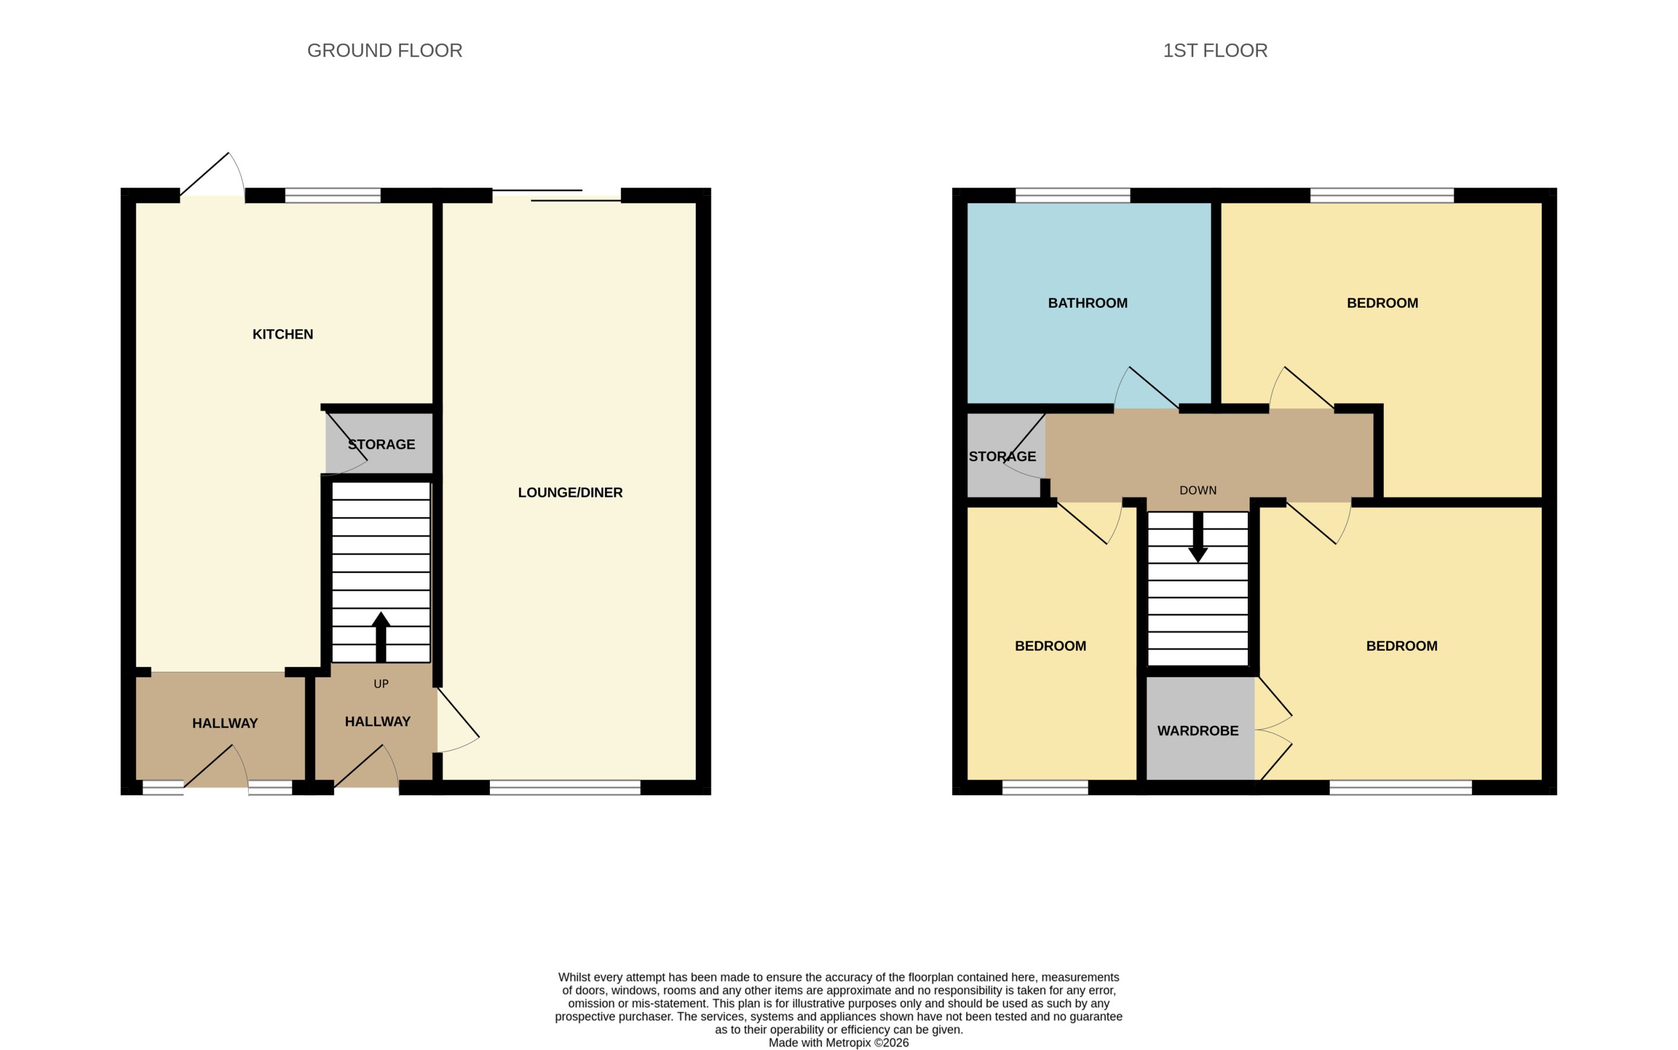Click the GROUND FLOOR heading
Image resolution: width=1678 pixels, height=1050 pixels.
385,51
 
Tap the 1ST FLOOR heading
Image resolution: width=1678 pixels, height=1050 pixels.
1215,51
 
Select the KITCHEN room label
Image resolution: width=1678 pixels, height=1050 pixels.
283,334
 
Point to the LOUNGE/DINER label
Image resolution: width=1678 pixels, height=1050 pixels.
570,493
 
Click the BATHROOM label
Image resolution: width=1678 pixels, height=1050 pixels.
1087,304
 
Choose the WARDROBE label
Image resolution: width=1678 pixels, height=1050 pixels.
1197,731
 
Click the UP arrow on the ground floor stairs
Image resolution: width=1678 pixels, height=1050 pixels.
380,637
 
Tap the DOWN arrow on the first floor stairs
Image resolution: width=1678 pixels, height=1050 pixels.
1197,537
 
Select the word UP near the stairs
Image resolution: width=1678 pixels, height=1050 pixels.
381,684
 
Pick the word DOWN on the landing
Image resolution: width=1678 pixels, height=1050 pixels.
1197,490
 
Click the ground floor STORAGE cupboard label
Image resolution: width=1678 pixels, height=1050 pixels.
381,445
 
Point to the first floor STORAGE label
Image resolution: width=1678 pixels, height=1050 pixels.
1002,457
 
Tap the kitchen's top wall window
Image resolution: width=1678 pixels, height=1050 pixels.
333,195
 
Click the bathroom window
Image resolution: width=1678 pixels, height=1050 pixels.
1073,195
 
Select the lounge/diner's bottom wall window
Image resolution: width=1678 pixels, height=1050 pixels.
565,788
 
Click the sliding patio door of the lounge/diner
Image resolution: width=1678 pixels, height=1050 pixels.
556,195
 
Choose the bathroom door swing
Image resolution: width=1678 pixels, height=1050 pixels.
1146,387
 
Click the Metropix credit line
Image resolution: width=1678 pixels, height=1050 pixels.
838,1042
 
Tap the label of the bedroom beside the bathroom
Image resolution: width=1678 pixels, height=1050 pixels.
1381,304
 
